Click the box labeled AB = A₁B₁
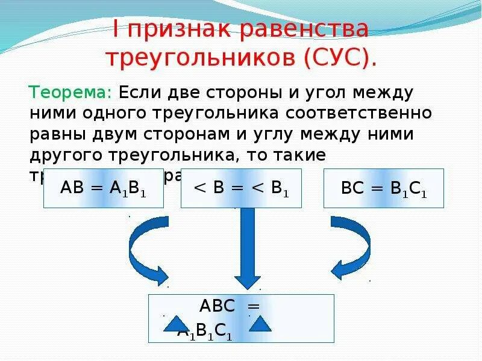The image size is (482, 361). (x=103, y=188)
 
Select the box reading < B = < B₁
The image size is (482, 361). (x=241, y=188)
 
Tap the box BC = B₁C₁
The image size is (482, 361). (x=384, y=188)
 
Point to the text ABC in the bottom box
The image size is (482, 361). (x=217, y=306)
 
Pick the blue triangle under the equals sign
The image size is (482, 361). (x=260, y=324)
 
